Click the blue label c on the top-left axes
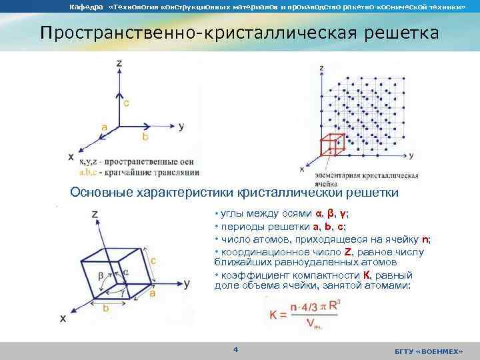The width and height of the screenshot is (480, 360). pos(127,103)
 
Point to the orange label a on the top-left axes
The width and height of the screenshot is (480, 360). pos(105,126)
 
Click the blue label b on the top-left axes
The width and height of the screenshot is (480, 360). pos(146,136)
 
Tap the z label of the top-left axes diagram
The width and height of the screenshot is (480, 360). pos(119,63)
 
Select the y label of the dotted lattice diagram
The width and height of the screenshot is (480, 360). pos(411,155)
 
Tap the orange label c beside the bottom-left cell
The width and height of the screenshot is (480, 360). pos(153,261)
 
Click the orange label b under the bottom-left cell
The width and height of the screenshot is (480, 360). pos(106,307)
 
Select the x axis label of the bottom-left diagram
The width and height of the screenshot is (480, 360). pos(63,319)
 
